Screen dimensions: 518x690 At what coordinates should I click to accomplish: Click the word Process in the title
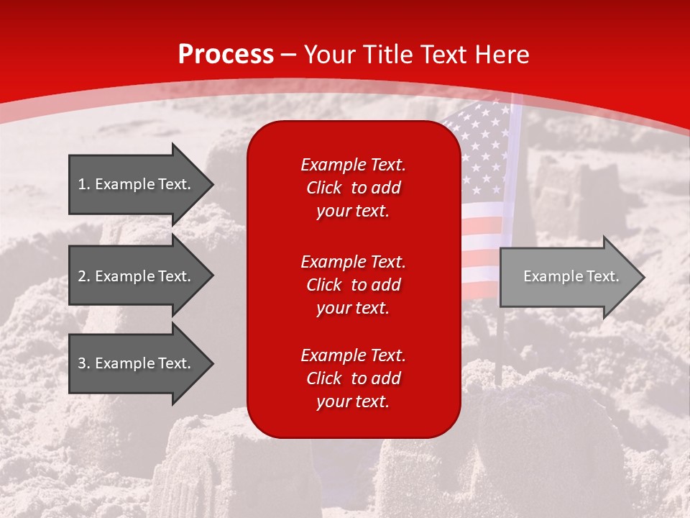point(226,55)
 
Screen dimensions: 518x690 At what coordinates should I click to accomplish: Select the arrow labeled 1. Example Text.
point(140,184)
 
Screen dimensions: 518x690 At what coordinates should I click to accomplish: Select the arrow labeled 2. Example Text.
point(140,276)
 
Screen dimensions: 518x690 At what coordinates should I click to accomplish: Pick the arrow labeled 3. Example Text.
point(140,363)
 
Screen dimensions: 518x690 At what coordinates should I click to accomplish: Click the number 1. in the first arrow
point(83,184)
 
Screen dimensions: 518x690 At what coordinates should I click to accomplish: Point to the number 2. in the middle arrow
point(83,276)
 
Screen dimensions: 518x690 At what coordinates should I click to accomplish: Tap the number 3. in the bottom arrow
point(83,363)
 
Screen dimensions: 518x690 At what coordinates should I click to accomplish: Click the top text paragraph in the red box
point(353,188)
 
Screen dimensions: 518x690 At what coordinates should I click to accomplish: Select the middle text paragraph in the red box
point(353,285)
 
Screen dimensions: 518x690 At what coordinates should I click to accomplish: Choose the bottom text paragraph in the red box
point(353,378)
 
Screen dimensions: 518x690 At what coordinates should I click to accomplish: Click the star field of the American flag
point(483,155)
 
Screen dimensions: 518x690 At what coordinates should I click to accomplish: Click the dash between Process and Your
point(289,55)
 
